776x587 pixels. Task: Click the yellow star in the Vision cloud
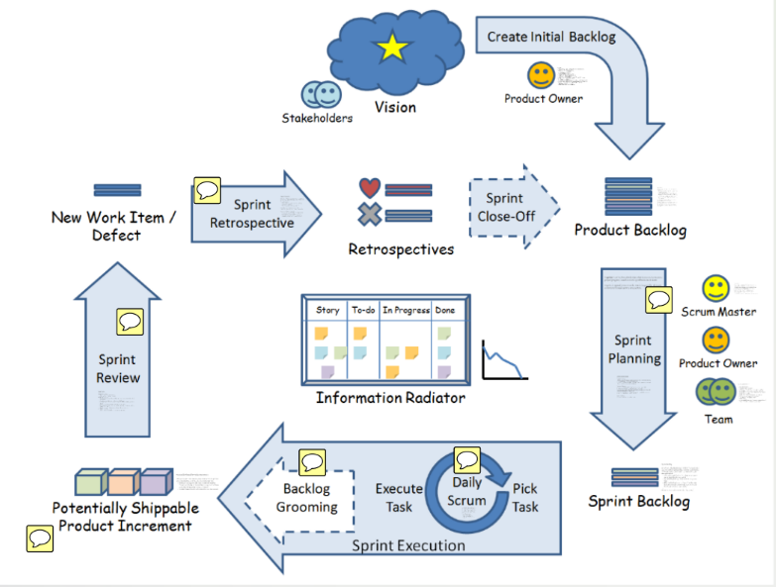pos(393,47)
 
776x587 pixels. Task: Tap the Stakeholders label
pos(317,119)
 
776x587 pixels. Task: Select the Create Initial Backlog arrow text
pos(551,38)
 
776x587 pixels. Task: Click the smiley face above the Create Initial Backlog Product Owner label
pos(540,75)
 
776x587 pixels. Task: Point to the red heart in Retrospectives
pos(370,187)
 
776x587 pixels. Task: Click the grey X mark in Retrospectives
pos(370,213)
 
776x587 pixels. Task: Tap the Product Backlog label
pos(630,231)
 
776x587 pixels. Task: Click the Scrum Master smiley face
pos(716,288)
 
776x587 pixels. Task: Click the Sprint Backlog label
pos(639,501)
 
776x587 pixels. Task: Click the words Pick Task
pos(525,498)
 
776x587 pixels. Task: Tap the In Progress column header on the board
pos(405,311)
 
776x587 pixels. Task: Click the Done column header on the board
pos(445,311)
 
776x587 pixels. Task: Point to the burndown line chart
pos(504,360)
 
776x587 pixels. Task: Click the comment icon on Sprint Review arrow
pos(130,321)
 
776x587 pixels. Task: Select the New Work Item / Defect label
pos(114,226)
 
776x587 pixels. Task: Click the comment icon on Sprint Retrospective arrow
pos(206,189)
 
